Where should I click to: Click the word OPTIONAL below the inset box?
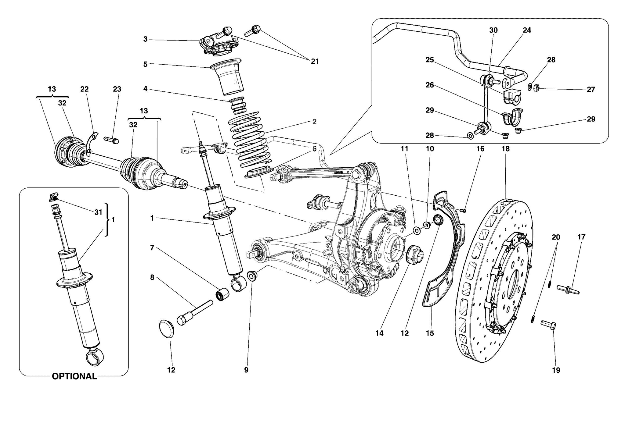[74, 376]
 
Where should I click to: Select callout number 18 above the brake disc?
[505, 149]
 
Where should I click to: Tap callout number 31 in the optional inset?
[98, 212]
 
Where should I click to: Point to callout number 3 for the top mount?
[145, 39]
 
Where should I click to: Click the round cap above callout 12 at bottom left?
[167, 329]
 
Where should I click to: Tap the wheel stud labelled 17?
[568, 289]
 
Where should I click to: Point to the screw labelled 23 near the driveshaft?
[111, 140]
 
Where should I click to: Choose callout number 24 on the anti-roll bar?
[527, 30]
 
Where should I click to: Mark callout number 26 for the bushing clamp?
[429, 85]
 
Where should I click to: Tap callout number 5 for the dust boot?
[145, 64]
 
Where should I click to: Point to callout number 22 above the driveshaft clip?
[84, 89]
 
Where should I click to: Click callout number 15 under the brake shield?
[429, 333]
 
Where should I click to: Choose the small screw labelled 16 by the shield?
[463, 210]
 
